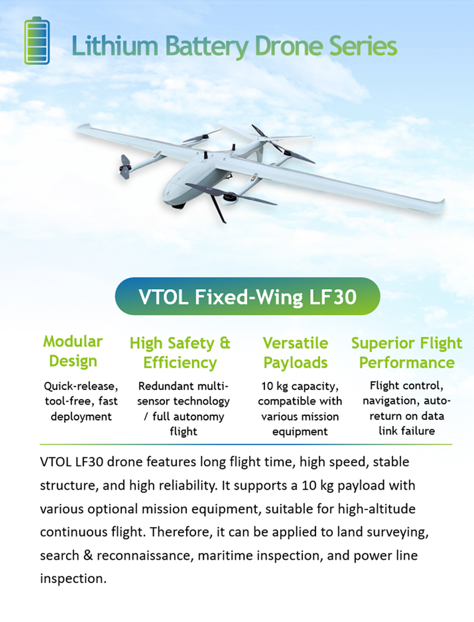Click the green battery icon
click(37, 41)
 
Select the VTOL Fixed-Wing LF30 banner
click(247, 296)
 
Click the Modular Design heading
click(73, 351)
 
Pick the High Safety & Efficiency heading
click(180, 353)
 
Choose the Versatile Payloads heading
click(295, 353)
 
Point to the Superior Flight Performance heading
click(406, 353)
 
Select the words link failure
click(406, 431)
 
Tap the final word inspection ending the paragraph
click(73, 579)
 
